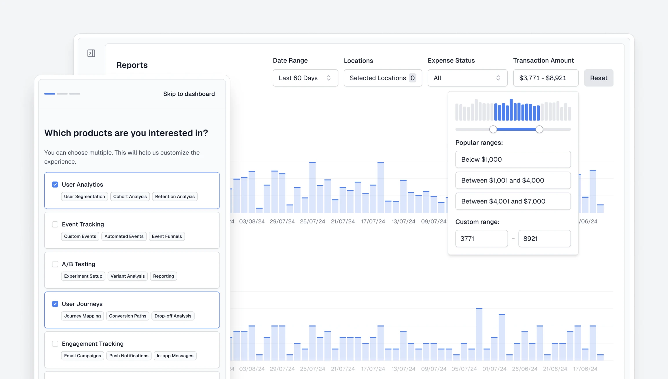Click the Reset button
(598, 78)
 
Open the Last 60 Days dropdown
(305, 78)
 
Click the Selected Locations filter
(383, 78)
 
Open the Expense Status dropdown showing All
(467, 78)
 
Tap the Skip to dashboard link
(189, 94)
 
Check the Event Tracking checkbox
(55, 224)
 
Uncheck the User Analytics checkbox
(55, 185)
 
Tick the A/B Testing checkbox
(55, 264)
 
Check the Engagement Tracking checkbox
(55, 344)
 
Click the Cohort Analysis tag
(130, 196)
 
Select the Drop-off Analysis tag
(173, 316)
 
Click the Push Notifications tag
(129, 356)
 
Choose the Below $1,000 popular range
(513, 159)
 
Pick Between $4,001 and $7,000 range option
(513, 201)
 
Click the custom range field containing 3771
(481, 238)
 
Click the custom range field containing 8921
(544, 238)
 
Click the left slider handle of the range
(493, 129)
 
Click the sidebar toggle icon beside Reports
(91, 53)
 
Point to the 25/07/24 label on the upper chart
(312, 221)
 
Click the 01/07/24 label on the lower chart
(494, 369)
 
